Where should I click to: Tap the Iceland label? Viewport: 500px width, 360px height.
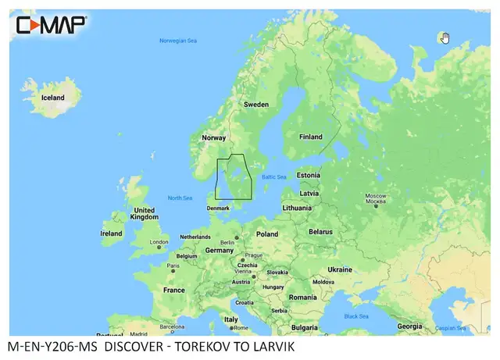[x=53, y=98]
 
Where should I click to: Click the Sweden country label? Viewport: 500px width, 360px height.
[x=256, y=104]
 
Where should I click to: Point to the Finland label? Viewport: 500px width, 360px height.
[x=310, y=137]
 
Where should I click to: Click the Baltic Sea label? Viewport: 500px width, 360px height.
[x=274, y=176]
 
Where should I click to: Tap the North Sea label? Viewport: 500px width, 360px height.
[x=180, y=198]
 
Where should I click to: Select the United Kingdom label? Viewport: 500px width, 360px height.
[x=144, y=214]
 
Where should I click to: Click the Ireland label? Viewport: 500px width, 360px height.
[x=111, y=233]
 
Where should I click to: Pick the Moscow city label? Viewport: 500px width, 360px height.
[x=376, y=194]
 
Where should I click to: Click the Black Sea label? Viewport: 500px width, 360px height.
[x=356, y=315]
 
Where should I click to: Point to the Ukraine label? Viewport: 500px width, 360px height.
[x=339, y=269]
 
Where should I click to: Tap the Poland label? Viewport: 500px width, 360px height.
[x=267, y=233]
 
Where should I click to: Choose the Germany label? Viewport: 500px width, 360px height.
[x=220, y=250]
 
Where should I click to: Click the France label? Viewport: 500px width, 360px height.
[x=173, y=290]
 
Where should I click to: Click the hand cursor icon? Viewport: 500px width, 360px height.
[x=445, y=37]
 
